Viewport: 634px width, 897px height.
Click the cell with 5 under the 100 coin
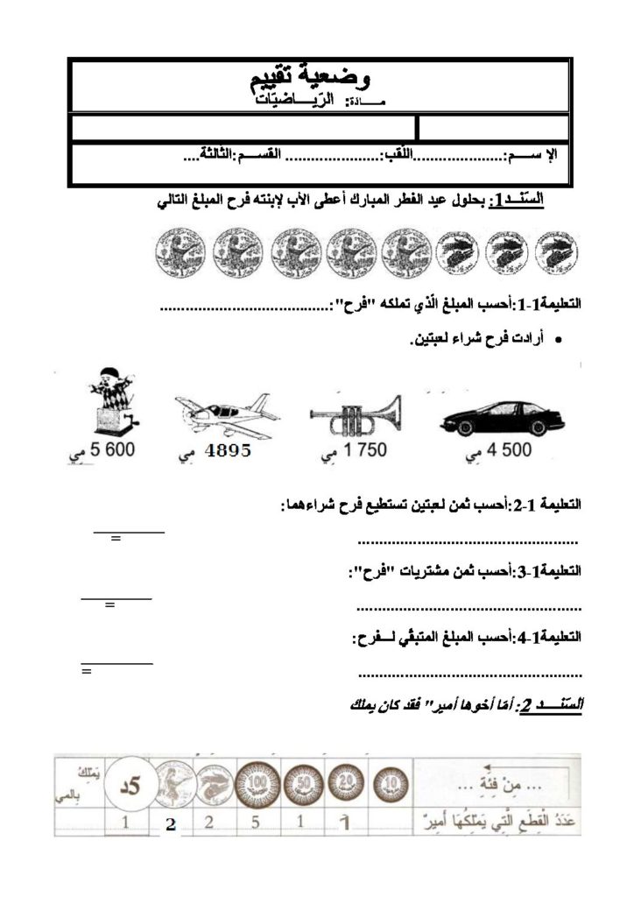pos(256,823)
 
